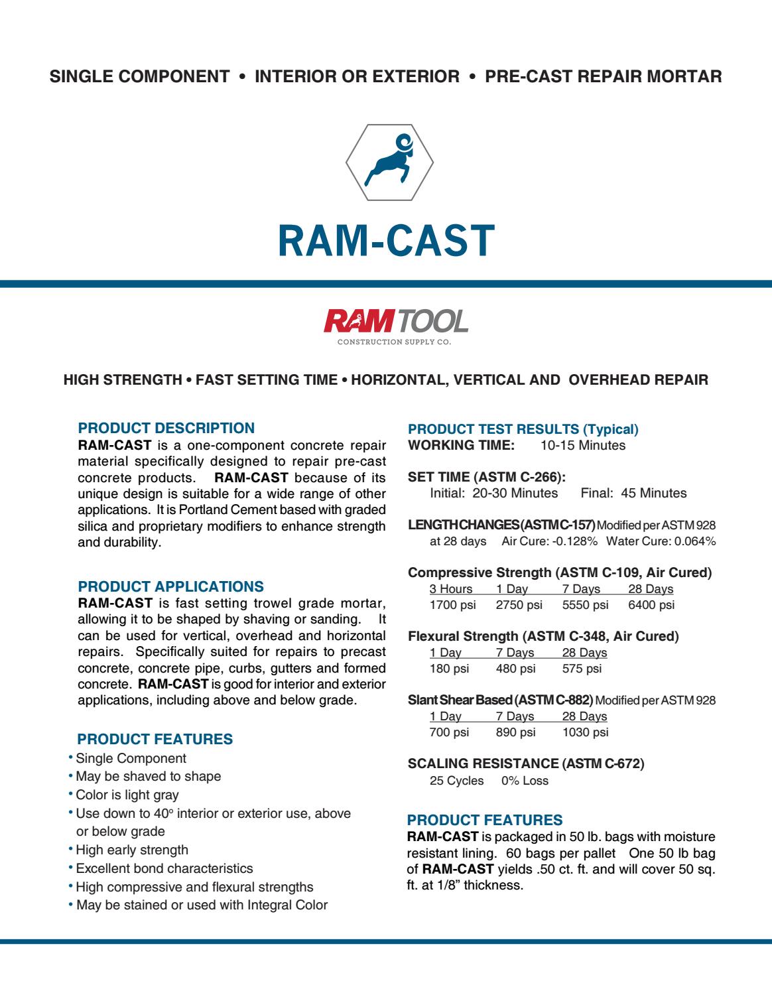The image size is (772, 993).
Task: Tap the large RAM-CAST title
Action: click(x=385, y=240)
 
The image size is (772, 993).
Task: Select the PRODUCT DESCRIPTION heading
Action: click(x=166, y=429)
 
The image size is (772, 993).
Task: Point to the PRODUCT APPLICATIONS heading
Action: click(x=171, y=587)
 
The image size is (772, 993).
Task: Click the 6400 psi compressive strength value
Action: click(x=651, y=605)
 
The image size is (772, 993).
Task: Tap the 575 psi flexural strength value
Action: click(x=582, y=669)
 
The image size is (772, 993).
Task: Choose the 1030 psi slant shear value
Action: click(x=585, y=732)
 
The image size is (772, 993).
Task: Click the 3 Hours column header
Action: click(x=451, y=589)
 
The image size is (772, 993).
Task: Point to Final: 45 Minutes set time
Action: click(x=633, y=493)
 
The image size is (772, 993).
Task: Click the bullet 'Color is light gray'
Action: click(x=127, y=795)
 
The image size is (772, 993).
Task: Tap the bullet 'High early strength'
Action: click(x=132, y=850)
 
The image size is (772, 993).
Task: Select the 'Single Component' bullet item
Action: click(x=131, y=758)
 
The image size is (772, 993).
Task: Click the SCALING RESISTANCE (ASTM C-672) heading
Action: click(x=526, y=763)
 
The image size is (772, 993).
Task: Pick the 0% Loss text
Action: click(x=525, y=781)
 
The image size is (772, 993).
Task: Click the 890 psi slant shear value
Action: click(x=515, y=732)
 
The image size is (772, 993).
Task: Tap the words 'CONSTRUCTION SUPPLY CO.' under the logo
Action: click(x=394, y=343)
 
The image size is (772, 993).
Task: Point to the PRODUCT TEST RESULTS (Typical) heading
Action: click(x=523, y=429)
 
